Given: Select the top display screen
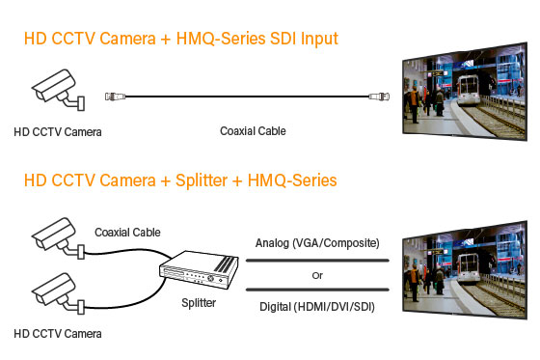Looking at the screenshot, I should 464,94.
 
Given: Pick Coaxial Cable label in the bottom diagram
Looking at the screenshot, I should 128,232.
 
